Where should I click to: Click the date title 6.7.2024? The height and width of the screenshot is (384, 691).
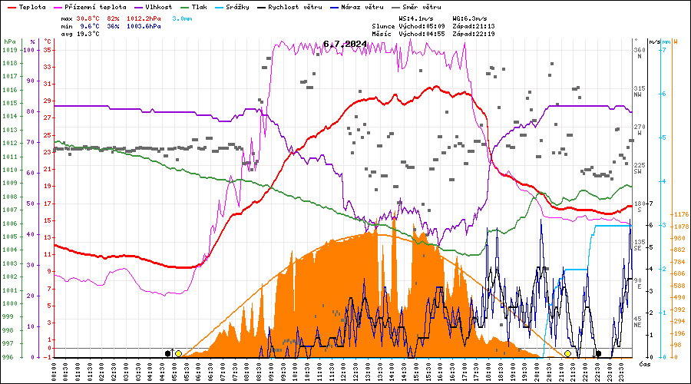pyautogui.click(x=345, y=44)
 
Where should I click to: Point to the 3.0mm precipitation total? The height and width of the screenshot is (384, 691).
pyautogui.click(x=182, y=18)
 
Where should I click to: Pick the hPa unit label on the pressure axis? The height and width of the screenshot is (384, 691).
pyautogui.click(x=8, y=41)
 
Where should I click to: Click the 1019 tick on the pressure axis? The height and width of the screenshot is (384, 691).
pyautogui.click(x=9, y=50)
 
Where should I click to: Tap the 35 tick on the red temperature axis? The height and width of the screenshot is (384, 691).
pyautogui.click(x=48, y=50)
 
